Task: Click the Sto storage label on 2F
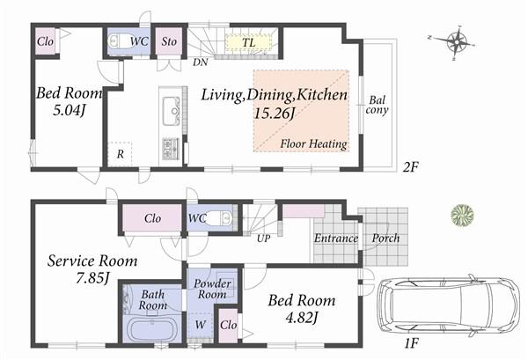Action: click(167, 40)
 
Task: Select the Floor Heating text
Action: click(313, 143)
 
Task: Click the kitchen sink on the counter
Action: click(172, 110)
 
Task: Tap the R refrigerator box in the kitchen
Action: click(119, 154)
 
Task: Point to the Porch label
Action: click(385, 239)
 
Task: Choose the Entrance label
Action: click(335, 239)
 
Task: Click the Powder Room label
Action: click(212, 290)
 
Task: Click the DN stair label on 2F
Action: click(200, 62)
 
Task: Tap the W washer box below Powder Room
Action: click(201, 326)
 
